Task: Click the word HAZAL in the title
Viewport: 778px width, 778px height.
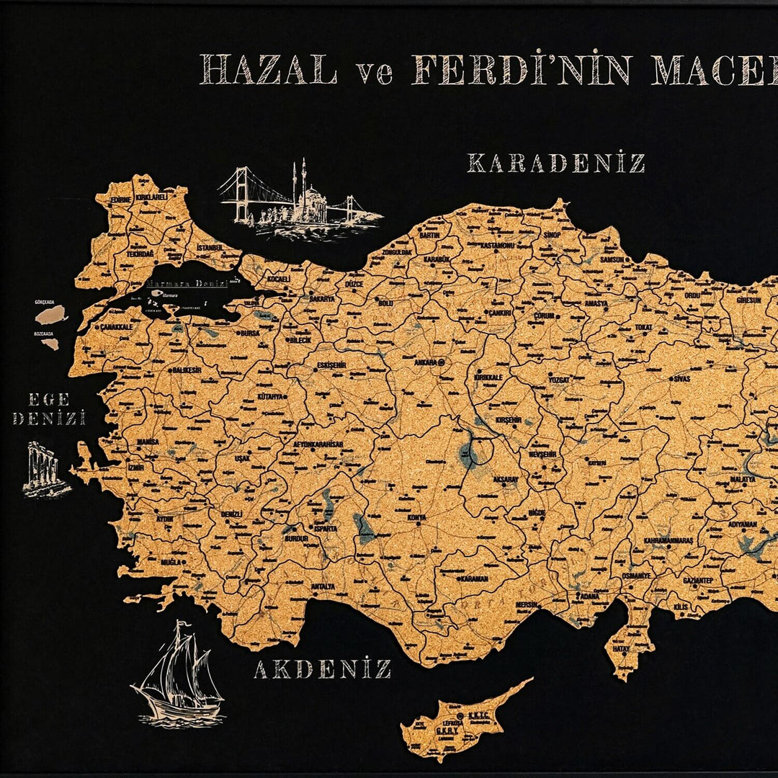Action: pos(268,70)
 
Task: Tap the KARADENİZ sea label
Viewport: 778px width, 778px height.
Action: pos(555,164)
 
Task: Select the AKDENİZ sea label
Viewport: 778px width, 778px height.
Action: pos(322,669)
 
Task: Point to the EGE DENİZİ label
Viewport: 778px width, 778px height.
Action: pos(49,408)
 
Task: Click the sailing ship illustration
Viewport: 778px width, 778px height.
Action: pos(177,673)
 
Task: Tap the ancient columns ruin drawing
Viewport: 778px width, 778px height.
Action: pos(45,469)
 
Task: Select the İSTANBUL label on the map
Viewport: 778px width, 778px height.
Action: pos(209,247)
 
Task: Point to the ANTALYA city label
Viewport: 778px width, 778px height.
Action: pos(322,586)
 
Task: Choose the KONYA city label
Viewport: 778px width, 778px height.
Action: pos(416,517)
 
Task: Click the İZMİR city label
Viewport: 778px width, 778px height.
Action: pos(136,467)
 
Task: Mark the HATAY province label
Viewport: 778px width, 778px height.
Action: pos(621,648)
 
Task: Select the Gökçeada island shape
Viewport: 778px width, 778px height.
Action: pos(52,314)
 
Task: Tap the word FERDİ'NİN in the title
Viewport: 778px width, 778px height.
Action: pos(521,70)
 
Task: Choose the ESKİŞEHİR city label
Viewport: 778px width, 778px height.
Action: pos(331,365)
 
